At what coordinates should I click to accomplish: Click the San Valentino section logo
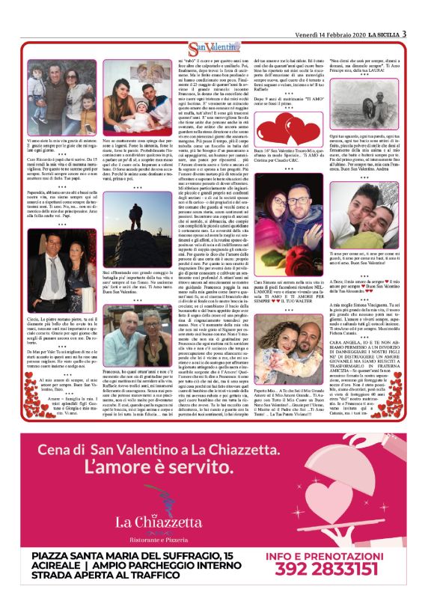(216, 48)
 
